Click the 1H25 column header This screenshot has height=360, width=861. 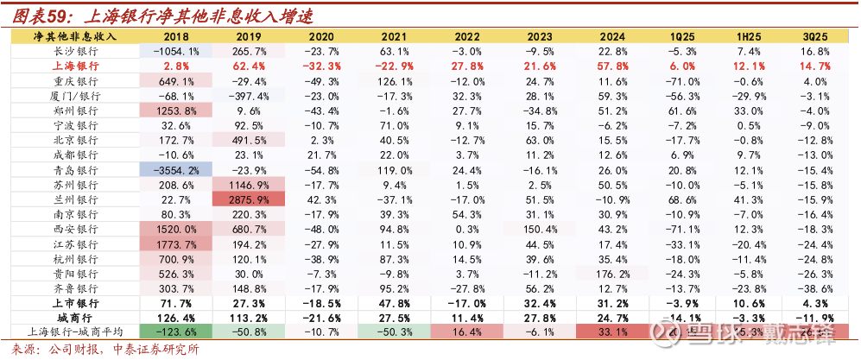749,36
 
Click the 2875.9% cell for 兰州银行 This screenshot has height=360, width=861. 250,199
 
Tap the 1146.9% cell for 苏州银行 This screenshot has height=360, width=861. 250,185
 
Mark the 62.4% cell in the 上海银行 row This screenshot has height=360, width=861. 249,66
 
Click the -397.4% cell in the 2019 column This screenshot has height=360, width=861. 249,96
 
